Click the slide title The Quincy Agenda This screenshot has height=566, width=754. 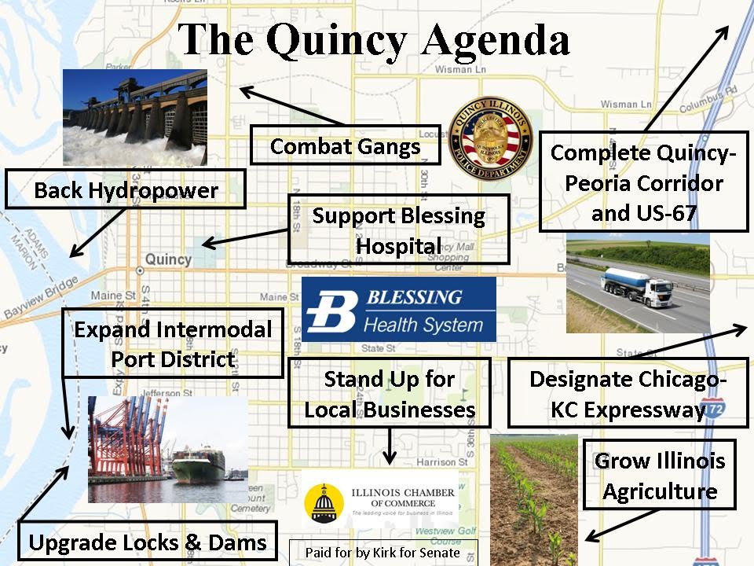point(373,40)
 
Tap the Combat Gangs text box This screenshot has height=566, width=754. point(345,145)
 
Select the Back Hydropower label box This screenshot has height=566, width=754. point(126,189)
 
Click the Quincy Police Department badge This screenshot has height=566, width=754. point(490,138)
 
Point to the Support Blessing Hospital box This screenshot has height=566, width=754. point(398,230)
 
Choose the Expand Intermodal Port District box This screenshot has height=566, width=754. point(172,344)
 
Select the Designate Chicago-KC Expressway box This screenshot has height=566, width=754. point(628,393)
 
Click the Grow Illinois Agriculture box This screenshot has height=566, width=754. point(659,475)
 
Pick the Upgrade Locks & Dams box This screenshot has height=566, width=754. point(147,542)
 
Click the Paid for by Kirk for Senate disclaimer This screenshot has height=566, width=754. point(382,552)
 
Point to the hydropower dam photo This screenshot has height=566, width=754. point(134,116)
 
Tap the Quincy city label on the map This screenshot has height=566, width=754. point(168,259)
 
